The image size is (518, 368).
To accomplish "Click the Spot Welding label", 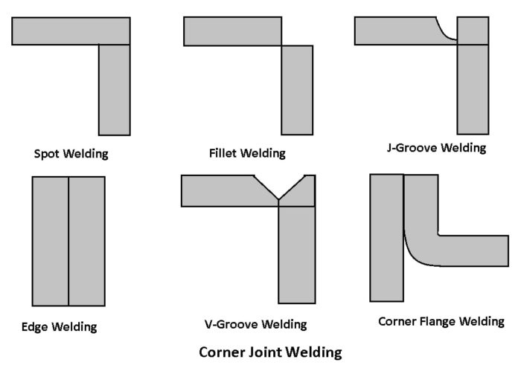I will coord(71,155).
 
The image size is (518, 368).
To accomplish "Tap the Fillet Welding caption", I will coord(247,154).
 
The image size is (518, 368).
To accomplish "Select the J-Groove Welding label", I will coord(436,148).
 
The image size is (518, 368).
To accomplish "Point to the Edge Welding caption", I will coord(60,326).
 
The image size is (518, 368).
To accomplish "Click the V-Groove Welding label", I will coord(255,325).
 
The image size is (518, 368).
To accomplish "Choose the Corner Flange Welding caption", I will coord(441,322).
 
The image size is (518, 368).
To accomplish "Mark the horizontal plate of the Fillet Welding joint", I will coord(232,30).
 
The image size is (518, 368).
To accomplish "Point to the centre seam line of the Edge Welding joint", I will coord(68,241).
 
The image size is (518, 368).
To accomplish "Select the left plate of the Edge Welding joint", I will coord(51,241).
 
